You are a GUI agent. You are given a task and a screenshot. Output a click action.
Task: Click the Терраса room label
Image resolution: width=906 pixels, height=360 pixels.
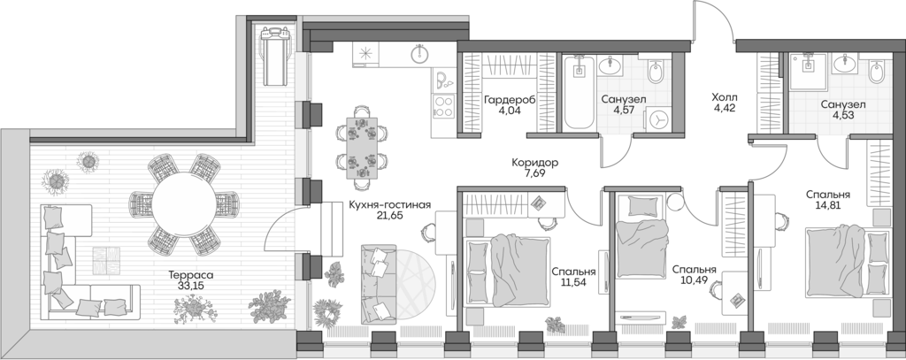191,275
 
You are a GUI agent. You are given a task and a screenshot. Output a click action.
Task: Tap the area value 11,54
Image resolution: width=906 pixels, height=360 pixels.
572,285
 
